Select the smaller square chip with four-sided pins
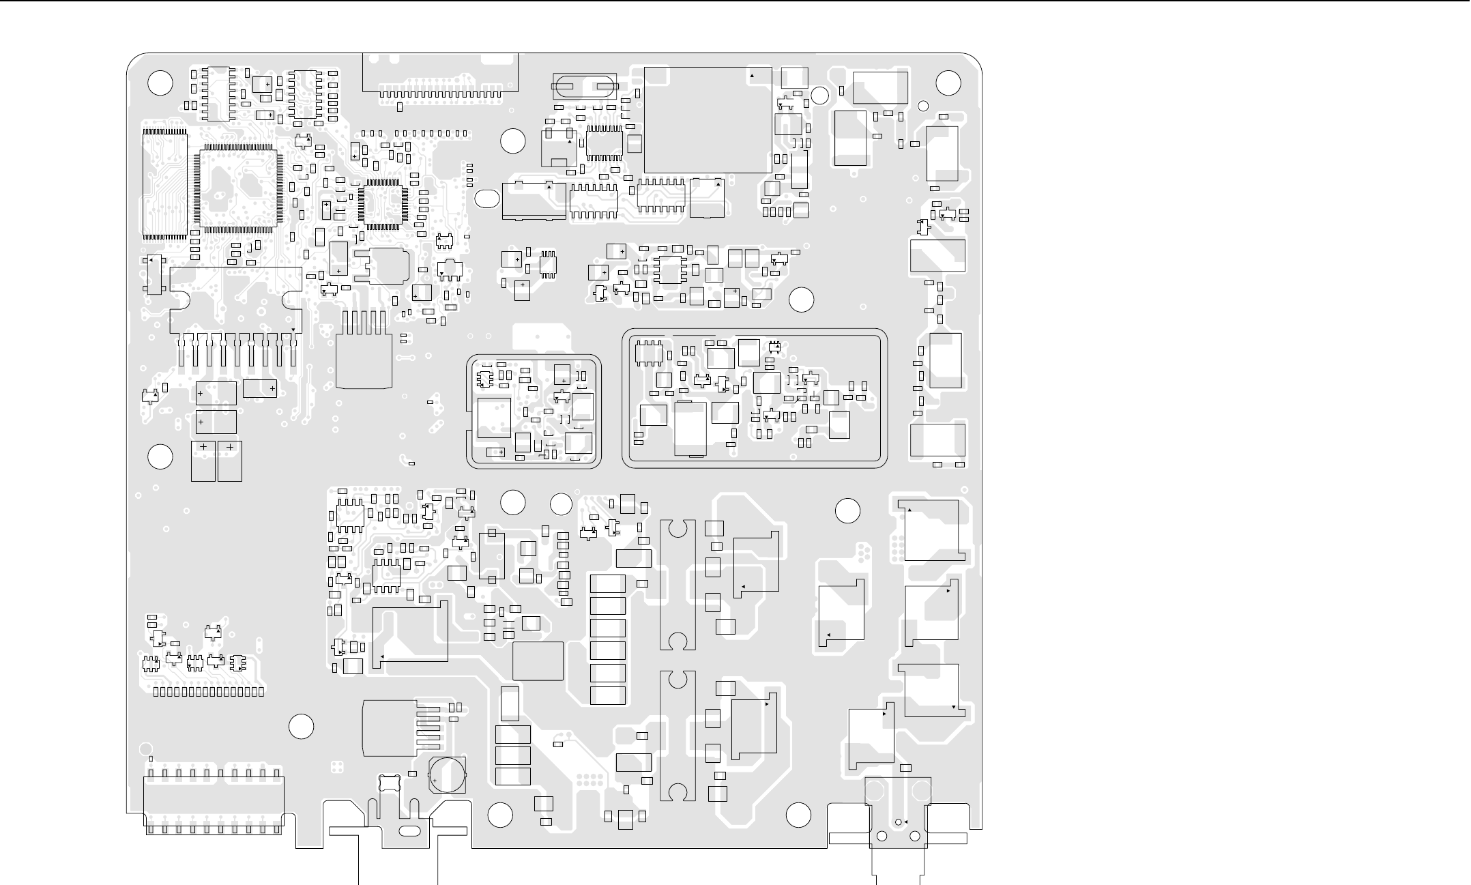click(x=383, y=203)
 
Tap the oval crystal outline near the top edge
click(x=584, y=87)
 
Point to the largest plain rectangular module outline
click(x=708, y=120)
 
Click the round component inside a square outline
click(x=448, y=774)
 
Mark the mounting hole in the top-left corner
click(x=160, y=83)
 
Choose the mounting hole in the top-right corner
click(x=948, y=83)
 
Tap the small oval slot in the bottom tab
click(x=408, y=831)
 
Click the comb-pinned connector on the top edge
click(x=440, y=74)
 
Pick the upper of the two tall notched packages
click(x=678, y=585)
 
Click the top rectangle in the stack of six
click(x=607, y=583)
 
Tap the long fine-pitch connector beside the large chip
click(x=164, y=183)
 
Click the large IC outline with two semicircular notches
click(x=235, y=300)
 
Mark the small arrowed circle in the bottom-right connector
click(x=898, y=822)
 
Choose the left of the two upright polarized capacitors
click(x=203, y=461)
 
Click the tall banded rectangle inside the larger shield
click(x=690, y=429)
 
